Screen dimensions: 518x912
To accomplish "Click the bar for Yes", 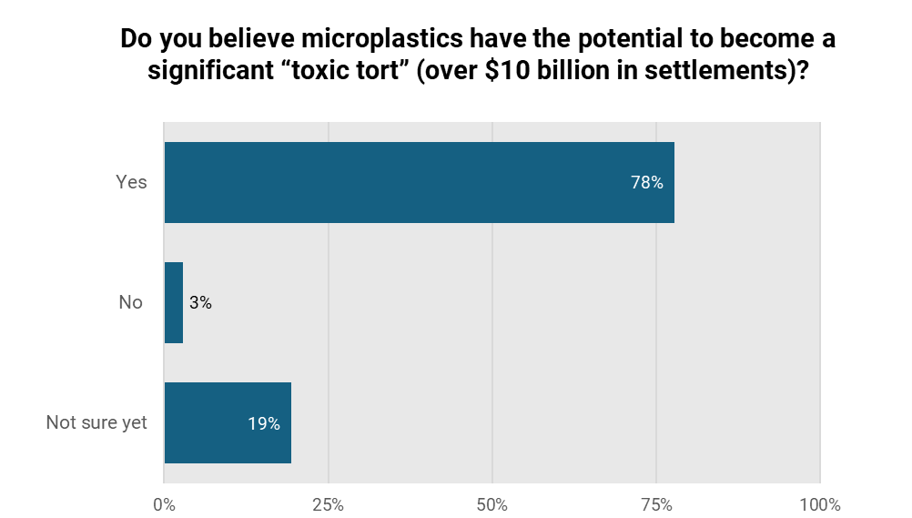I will pyautogui.click(x=419, y=182).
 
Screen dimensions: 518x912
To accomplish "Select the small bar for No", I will pyautogui.click(x=174, y=302).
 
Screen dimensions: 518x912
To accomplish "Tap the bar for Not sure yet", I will pyautogui.click(x=228, y=422).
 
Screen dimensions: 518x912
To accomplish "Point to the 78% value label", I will pyautogui.click(x=647, y=182).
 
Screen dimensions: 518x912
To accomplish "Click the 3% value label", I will pyautogui.click(x=200, y=303).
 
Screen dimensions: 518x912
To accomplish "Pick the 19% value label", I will pyautogui.click(x=264, y=423).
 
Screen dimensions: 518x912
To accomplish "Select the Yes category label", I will pyautogui.click(x=131, y=182).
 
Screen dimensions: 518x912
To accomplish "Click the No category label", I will pyautogui.click(x=131, y=302).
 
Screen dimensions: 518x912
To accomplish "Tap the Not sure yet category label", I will pyautogui.click(x=96, y=422).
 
